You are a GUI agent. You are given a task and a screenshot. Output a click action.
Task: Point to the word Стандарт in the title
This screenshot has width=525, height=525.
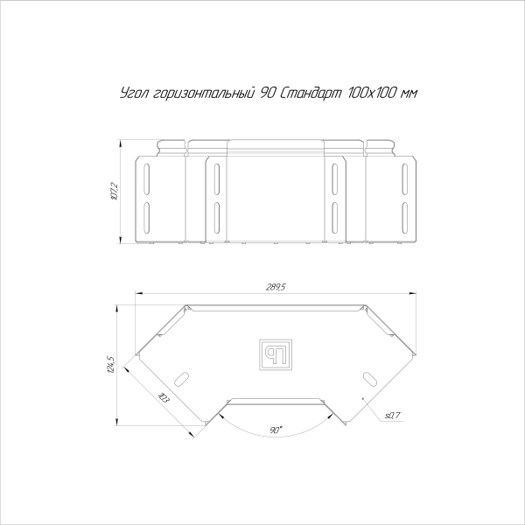311,93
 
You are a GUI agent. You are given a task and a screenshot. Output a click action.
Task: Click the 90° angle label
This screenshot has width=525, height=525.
276,430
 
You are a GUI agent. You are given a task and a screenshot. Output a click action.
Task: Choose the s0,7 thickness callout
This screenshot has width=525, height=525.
391,414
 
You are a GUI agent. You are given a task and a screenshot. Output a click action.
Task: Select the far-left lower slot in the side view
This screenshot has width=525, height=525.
146,215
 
